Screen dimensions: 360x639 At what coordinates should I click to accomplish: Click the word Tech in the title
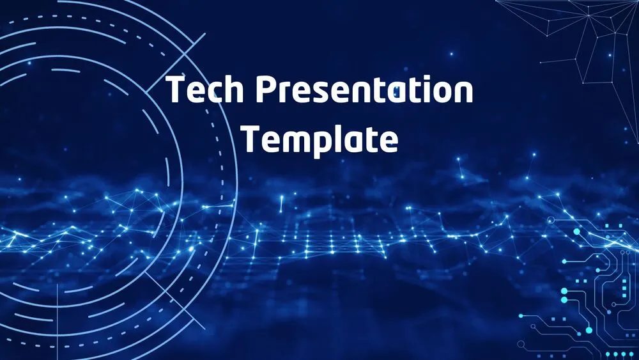coord(204,90)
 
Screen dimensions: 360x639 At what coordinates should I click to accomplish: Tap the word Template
coord(319,139)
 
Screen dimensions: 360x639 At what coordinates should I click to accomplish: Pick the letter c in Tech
coord(214,93)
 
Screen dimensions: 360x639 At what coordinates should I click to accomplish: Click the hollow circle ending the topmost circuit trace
coord(550,221)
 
